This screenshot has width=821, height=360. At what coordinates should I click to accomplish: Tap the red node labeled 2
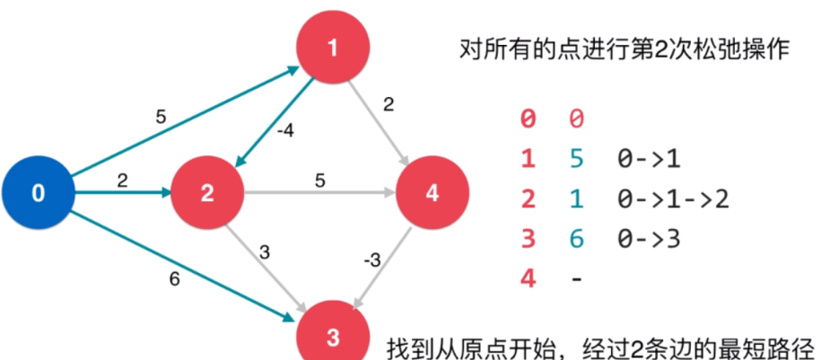[x=207, y=192]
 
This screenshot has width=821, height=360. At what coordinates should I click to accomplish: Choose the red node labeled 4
[x=432, y=192]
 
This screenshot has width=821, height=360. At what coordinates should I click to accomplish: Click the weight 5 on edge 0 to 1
[x=162, y=116]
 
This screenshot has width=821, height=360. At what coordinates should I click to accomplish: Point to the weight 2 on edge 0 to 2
[x=123, y=180]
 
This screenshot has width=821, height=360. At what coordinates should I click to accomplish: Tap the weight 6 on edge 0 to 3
[x=175, y=279]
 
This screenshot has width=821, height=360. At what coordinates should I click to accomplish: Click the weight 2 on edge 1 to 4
[x=389, y=106]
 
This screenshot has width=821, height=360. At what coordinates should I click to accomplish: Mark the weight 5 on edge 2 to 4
[x=319, y=180]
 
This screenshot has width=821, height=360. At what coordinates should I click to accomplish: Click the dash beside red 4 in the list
[x=576, y=278]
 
